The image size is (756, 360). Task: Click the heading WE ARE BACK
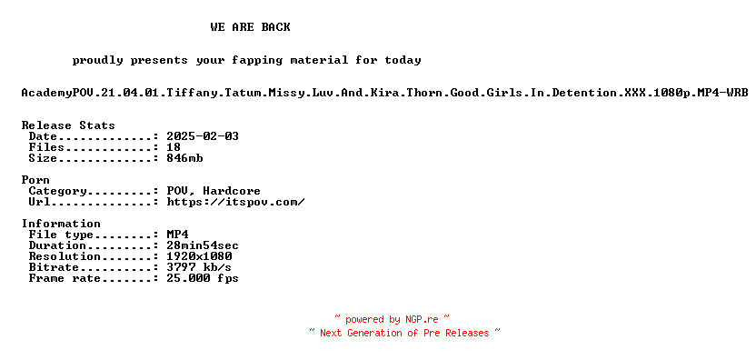coord(250,27)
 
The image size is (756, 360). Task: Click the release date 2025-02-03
coord(203,136)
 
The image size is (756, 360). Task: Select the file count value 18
coord(174,147)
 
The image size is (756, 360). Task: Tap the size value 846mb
coord(184,158)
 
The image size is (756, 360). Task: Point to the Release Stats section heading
coord(68,125)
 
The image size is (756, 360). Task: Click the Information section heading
coord(61,224)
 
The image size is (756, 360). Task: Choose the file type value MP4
coord(177,235)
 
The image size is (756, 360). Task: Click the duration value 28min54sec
coord(203,245)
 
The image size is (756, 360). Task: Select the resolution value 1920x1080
coord(199,256)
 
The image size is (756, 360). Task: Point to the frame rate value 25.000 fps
coord(203,278)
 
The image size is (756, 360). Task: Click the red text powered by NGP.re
coord(393,319)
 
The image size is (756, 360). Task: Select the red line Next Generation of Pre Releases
coord(404,333)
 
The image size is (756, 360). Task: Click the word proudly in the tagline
coord(97,61)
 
